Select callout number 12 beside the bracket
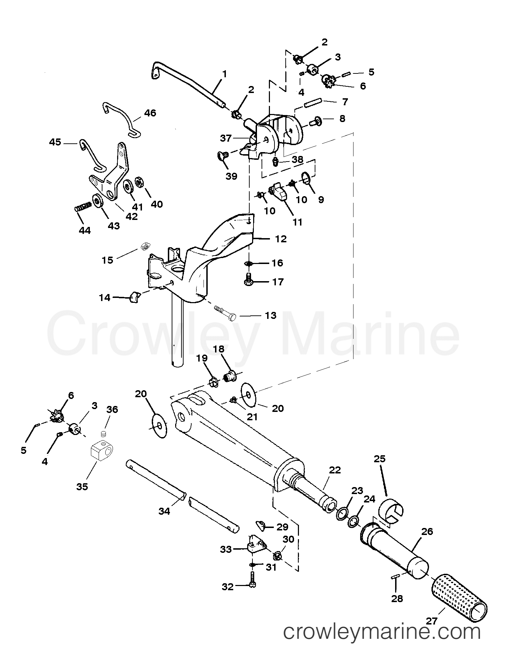coord(281,239)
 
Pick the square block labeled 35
coord(103,453)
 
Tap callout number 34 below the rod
coord(164,511)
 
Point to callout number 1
coord(224,74)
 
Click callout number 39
coord(231,176)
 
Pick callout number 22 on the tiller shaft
coord(335,470)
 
